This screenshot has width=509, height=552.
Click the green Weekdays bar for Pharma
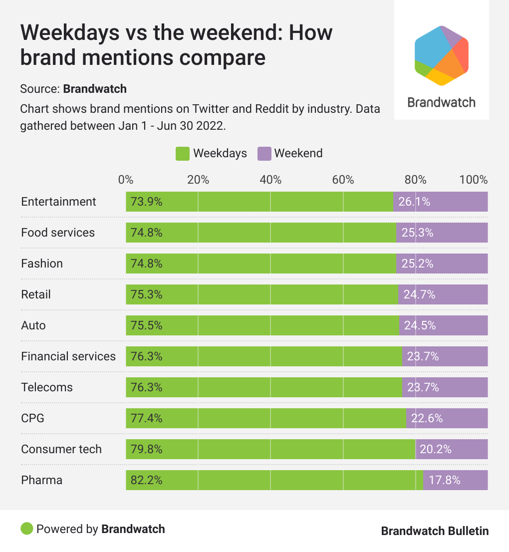[x=274, y=480]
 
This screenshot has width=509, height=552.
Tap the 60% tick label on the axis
[x=343, y=180]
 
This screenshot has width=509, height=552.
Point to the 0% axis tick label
[x=126, y=180]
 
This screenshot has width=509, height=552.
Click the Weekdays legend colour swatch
[x=183, y=154]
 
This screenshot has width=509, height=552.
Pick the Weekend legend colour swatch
[x=264, y=154]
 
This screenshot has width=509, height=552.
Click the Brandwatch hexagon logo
[x=442, y=55]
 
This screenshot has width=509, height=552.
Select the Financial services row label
[x=68, y=356]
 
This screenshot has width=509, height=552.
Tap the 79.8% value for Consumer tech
[x=147, y=449]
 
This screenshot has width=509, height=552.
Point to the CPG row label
[x=32, y=418]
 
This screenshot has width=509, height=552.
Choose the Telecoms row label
[x=47, y=387]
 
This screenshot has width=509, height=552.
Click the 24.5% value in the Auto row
[x=420, y=325]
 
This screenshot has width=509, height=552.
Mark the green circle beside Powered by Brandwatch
[x=27, y=529]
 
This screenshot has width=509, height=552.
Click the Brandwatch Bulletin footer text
[x=435, y=531]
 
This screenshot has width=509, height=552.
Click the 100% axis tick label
[x=474, y=180]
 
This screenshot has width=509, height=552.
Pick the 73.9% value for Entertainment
[x=147, y=202]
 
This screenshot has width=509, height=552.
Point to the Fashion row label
[x=42, y=264]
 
